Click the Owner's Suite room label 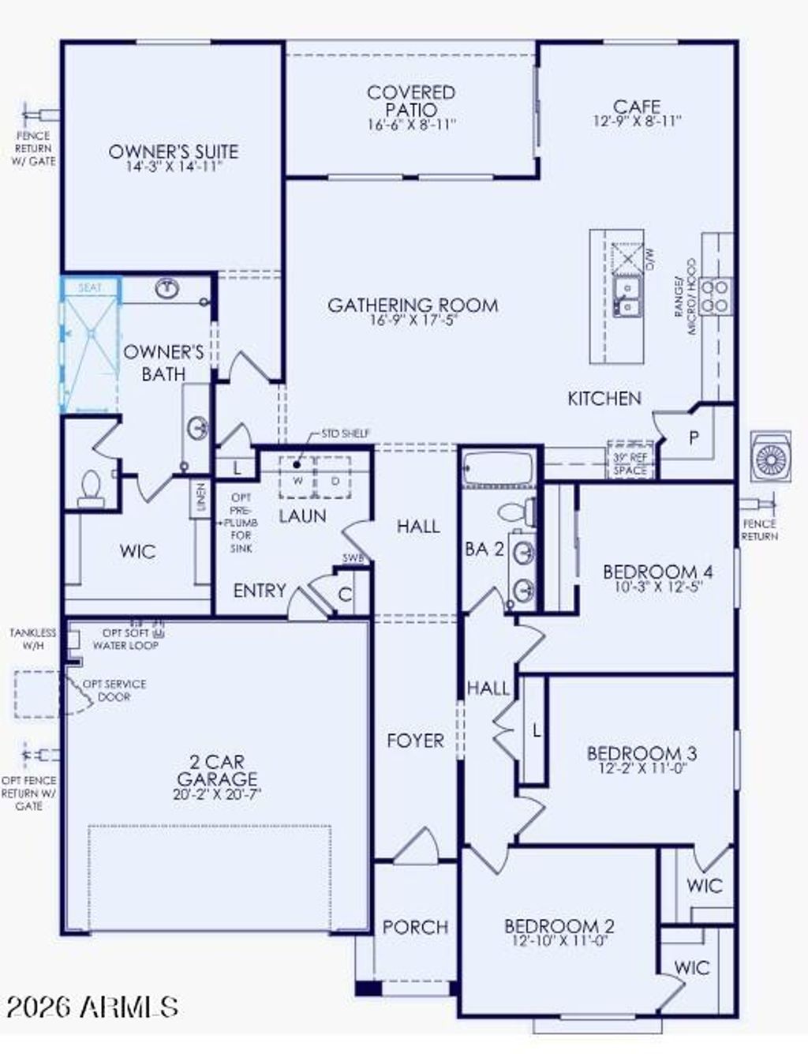(x=173, y=152)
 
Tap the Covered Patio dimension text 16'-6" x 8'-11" (x=411, y=125)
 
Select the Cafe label (x=636, y=107)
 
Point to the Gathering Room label (x=413, y=305)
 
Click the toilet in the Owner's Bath (x=91, y=489)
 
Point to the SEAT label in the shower (x=90, y=288)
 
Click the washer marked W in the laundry (x=298, y=480)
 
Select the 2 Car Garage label (x=217, y=771)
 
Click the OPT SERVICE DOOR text (x=114, y=690)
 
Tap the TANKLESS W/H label (x=33, y=639)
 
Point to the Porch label (x=415, y=927)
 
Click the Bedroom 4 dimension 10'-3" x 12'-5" (x=657, y=587)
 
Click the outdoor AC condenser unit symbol (x=771, y=456)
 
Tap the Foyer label (x=415, y=741)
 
